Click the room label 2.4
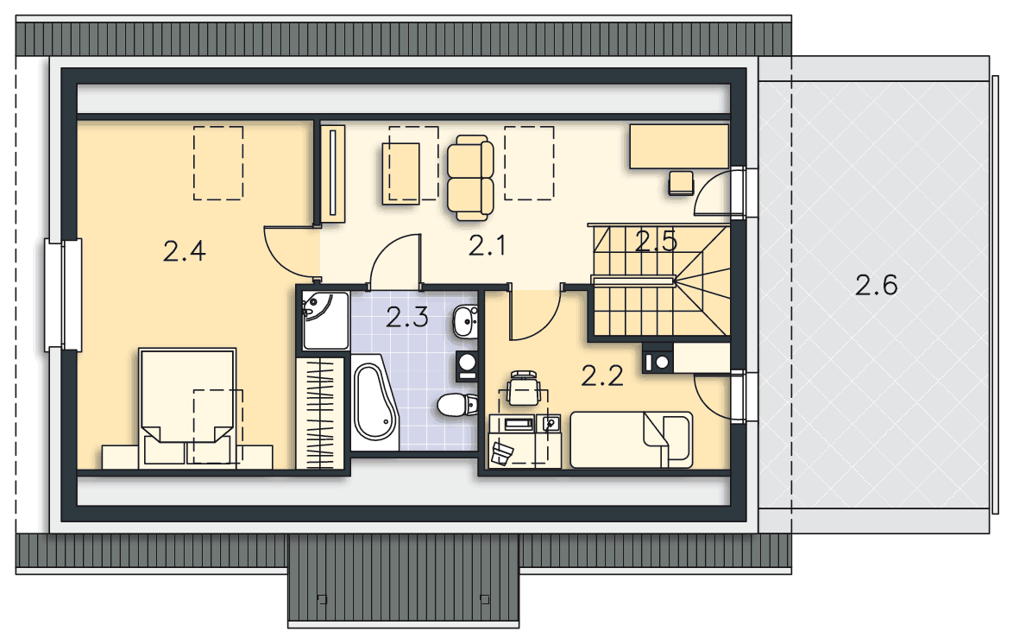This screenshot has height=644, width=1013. point(184,251)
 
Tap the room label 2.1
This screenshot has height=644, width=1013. point(488,246)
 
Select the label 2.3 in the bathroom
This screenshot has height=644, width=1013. point(407,318)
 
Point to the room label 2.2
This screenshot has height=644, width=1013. point(602,376)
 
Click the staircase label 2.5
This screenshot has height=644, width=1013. point(656,241)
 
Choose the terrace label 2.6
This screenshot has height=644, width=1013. point(876,285)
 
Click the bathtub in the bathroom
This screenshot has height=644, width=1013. point(374,401)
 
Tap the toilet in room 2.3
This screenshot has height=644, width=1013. point(456,405)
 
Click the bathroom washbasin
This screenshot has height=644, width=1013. point(465,321)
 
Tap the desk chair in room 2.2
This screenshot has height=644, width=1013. point(524,388)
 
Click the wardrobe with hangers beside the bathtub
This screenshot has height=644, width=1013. point(320,412)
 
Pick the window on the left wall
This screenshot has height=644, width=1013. point(63,295)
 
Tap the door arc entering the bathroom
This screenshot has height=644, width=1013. point(387,249)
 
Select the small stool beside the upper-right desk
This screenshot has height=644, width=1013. point(681,183)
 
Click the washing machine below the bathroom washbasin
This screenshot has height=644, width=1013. point(466,366)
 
